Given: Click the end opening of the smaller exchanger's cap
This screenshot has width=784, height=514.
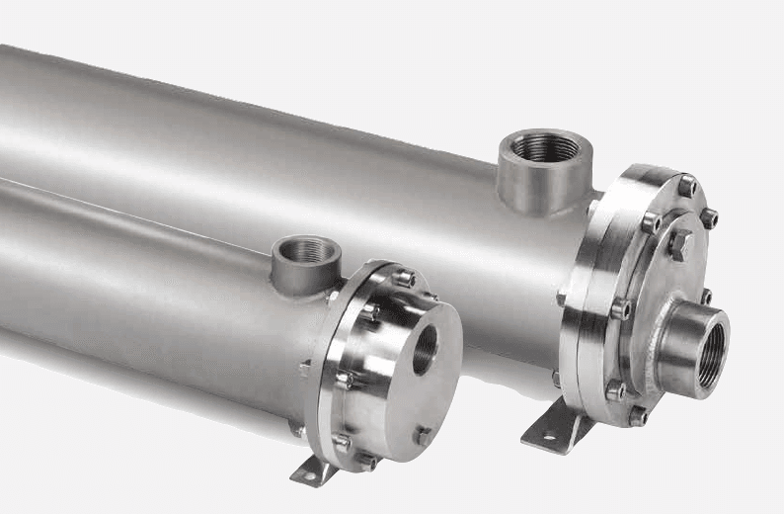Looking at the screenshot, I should (425, 348).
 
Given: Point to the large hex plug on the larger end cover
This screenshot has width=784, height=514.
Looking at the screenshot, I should (680, 243).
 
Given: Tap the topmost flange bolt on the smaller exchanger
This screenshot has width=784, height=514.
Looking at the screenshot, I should (404, 278).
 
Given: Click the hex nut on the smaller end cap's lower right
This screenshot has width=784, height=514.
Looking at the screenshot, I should (423, 435).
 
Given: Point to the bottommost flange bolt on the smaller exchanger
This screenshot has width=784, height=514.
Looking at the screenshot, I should (366, 461).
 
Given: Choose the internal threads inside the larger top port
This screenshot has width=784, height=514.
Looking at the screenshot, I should (545, 148).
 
